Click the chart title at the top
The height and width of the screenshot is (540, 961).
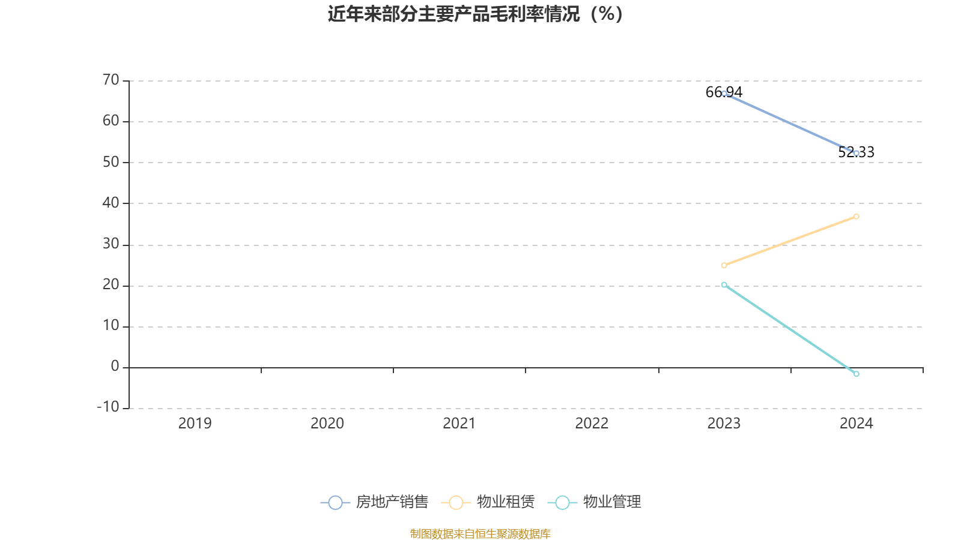475,14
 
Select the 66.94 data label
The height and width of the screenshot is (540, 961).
724,92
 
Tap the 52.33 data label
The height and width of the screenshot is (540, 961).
856,152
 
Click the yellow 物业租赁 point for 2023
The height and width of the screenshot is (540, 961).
724,265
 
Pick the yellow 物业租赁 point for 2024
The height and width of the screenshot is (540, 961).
856,217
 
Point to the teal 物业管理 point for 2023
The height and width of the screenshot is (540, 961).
724,285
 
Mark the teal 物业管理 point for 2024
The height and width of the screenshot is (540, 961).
856,374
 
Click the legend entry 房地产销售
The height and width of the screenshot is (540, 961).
375,502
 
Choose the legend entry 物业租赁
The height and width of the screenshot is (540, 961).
488,502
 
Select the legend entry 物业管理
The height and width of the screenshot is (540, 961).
595,502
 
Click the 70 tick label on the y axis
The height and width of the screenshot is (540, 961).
111,80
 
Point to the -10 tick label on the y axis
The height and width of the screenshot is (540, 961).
108,407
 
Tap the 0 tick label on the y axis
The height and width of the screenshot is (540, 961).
115,366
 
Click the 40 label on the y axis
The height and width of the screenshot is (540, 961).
111,203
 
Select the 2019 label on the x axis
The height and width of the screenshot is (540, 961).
195,424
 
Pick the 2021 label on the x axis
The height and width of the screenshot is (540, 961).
459,424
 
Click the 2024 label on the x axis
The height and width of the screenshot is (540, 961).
856,424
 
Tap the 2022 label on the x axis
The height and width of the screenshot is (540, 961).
592,424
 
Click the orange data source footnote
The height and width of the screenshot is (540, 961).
480,534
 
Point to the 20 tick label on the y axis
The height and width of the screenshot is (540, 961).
111,284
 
